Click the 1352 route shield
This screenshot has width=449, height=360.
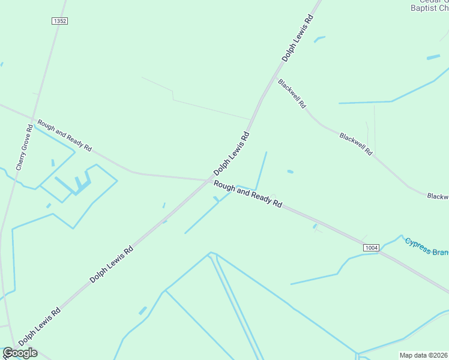[59, 21]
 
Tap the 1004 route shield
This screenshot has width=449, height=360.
[371, 247]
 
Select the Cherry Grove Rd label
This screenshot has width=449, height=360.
[24, 147]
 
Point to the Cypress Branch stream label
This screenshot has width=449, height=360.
[426, 247]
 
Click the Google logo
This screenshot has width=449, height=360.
[20, 353]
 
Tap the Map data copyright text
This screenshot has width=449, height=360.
[424, 355]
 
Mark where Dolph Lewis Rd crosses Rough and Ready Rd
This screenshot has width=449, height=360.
[209, 179]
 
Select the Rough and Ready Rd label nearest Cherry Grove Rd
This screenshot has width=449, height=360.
[64, 135]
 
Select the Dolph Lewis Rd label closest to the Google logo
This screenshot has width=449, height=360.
[40, 326]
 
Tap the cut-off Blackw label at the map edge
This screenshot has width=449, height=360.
[438, 196]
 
